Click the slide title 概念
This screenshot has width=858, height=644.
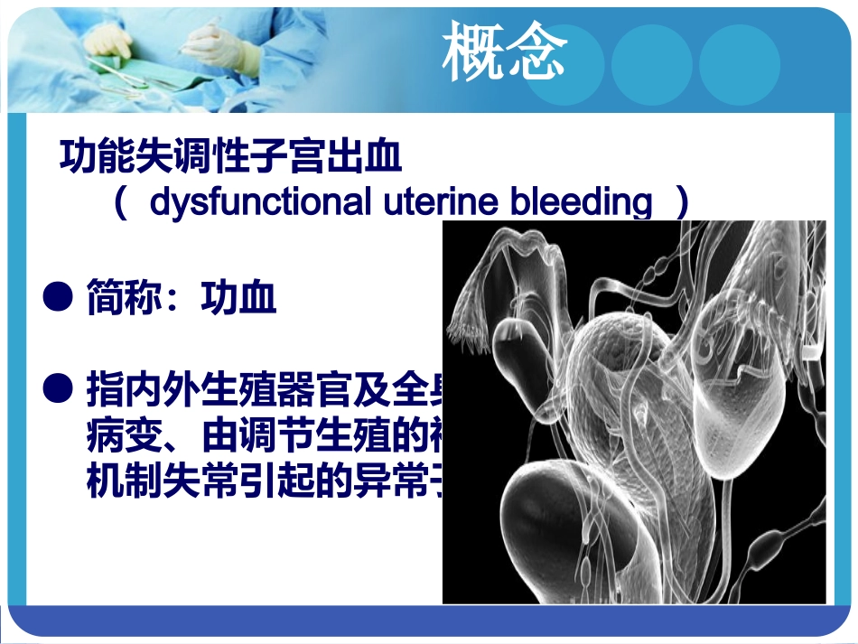[x=504, y=52]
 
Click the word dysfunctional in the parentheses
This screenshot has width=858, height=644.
[x=259, y=202]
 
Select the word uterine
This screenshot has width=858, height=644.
[x=439, y=202]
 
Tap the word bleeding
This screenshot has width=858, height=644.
[x=581, y=202]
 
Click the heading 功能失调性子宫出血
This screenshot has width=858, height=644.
[x=230, y=157]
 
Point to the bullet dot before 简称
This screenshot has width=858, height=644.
[x=59, y=295]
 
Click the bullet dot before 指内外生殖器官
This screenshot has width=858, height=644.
[x=59, y=389]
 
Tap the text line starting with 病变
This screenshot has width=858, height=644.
[x=262, y=437]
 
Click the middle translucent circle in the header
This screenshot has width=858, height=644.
[x=651, y=64]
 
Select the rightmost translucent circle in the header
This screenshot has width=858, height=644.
[x=739, y=64]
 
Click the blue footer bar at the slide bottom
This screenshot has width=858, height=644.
[x=429, y=622]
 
